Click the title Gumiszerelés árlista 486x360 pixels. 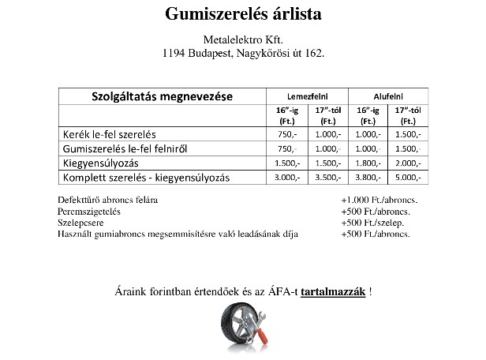click(x=242, y=15)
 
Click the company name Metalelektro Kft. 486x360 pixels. click(x=242, y=40)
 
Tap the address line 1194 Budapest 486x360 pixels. click(x=242, y=54)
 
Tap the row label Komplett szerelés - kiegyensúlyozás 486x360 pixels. click(x=146, y=178)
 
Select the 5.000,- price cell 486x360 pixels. click(x=408, y=178)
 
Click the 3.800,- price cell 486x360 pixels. click(x=368, y=178)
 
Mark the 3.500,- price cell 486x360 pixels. click(x=327, y=178)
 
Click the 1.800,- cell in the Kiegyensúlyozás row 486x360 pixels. click(x=368, y=163)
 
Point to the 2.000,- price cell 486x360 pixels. click(x=408, y=163)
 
